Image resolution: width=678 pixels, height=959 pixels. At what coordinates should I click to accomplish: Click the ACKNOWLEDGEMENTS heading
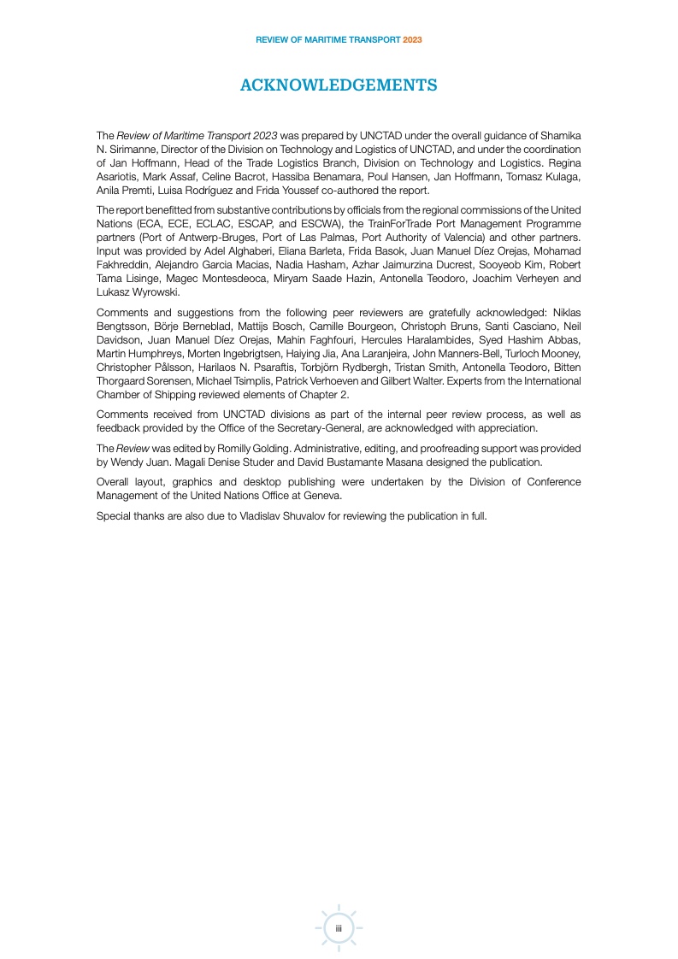pyautogui.click(x=339, y=85)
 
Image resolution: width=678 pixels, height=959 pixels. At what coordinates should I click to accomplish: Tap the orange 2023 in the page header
pyautogui.click(x=412, y=40)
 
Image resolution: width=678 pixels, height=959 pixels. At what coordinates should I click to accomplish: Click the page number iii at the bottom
pyautogui.click(x=339, y=928)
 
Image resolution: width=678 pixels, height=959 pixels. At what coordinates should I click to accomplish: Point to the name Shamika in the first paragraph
pyautogui.click(x=561, y=136)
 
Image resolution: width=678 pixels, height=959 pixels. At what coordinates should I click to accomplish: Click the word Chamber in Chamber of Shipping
pyautogui.click(x=119, y=393)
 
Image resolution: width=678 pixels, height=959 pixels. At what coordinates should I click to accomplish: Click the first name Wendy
pyautogui.click(x=127, y=462)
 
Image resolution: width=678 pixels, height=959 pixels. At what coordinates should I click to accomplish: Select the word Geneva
pyautogui.click(x=319, y=495)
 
